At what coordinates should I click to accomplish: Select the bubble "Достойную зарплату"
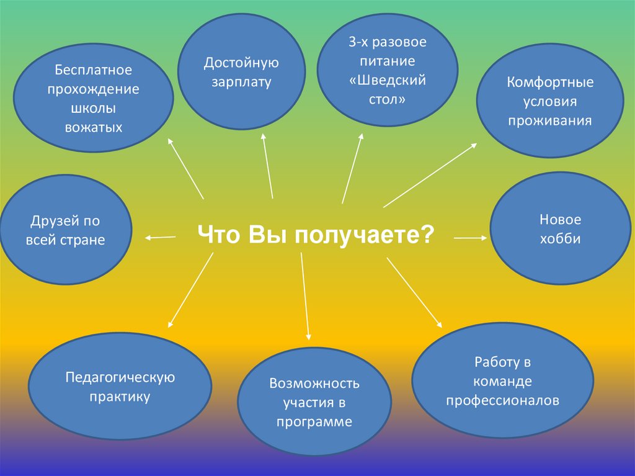tap(241, 71)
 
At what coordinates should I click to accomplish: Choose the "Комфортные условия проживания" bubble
tap(550, 102)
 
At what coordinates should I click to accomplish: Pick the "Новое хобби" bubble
tap(560, 228)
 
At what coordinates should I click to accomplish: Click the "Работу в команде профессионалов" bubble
tap(503, 380)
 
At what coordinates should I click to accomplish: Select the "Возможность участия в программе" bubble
tap(314, 403)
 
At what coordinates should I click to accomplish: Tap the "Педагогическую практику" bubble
tap(120, 386)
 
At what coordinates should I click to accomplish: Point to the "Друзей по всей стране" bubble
tap(66, 230)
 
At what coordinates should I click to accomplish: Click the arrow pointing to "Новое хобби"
tap(471, 237)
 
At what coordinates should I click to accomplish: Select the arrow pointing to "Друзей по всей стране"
tap(160, 236)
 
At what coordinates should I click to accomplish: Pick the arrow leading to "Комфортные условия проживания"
tap(430, 175)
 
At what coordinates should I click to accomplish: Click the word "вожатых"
tap(94, 128)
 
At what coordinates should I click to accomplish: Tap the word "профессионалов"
tap(503, 400)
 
